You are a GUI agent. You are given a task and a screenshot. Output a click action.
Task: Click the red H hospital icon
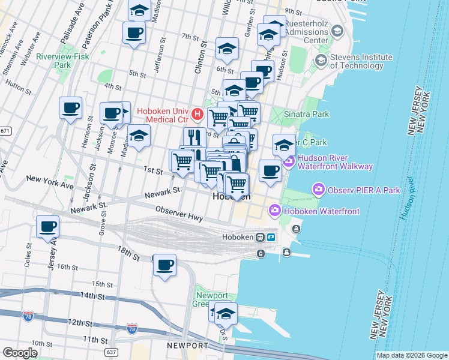pyautogui.click(x=197, y=113)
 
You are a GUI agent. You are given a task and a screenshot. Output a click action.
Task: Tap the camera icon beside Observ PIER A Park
pyautogui.click(x=318, y=190)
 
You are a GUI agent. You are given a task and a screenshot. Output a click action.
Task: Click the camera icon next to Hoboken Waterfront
pyautogui.click(x=276, y=211)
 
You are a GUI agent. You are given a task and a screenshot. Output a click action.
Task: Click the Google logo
pyautogui.click(x=20, y=353)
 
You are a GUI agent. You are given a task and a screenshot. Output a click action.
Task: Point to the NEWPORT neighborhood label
pyautogui.click(x=187, y=346)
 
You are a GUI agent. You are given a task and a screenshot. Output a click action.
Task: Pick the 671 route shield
pyautogui.click(x=5, y=130)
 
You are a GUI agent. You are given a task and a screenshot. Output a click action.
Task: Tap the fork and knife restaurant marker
pyautogui.click(x=194, y=137)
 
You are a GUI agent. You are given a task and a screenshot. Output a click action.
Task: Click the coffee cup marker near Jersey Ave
pyautogui.click(x=48, y=227)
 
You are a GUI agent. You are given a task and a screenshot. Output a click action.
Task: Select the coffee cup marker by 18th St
pyautogui.click(x=164, y=265)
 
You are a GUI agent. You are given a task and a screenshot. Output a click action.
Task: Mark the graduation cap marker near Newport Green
pyautogui.click(x=226, y=314)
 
